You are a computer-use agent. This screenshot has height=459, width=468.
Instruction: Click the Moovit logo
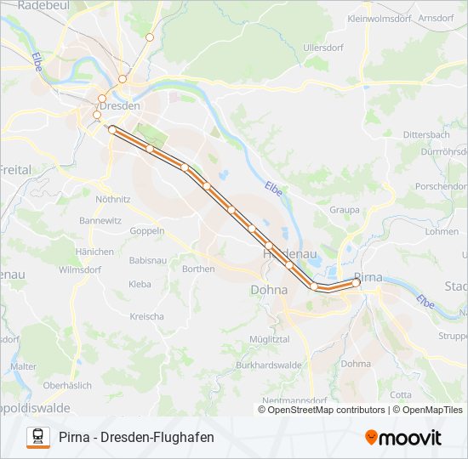click(402, 438)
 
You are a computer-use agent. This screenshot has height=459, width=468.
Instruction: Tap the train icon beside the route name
click(37, 437)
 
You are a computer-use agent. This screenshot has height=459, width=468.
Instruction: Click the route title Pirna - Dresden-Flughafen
click(136, 438)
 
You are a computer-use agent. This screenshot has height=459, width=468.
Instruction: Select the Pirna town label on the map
click(368, 277)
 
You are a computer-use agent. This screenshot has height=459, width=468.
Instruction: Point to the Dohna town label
click(269, 290)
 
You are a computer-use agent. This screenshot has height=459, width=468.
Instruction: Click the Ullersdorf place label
click(322, 48)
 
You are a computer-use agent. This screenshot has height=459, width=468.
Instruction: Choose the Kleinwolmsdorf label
click(380, 17)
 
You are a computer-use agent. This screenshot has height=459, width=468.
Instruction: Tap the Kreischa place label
click(146, 316)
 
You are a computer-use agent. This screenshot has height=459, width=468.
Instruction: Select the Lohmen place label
click(442, 231)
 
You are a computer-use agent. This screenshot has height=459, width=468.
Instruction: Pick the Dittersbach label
click(425, 135)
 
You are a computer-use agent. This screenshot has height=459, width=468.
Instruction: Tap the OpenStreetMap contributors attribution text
click(322, 410)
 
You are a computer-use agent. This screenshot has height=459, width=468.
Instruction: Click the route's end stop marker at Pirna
click(357, 284)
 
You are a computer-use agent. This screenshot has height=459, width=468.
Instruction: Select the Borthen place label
click(198, 269)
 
